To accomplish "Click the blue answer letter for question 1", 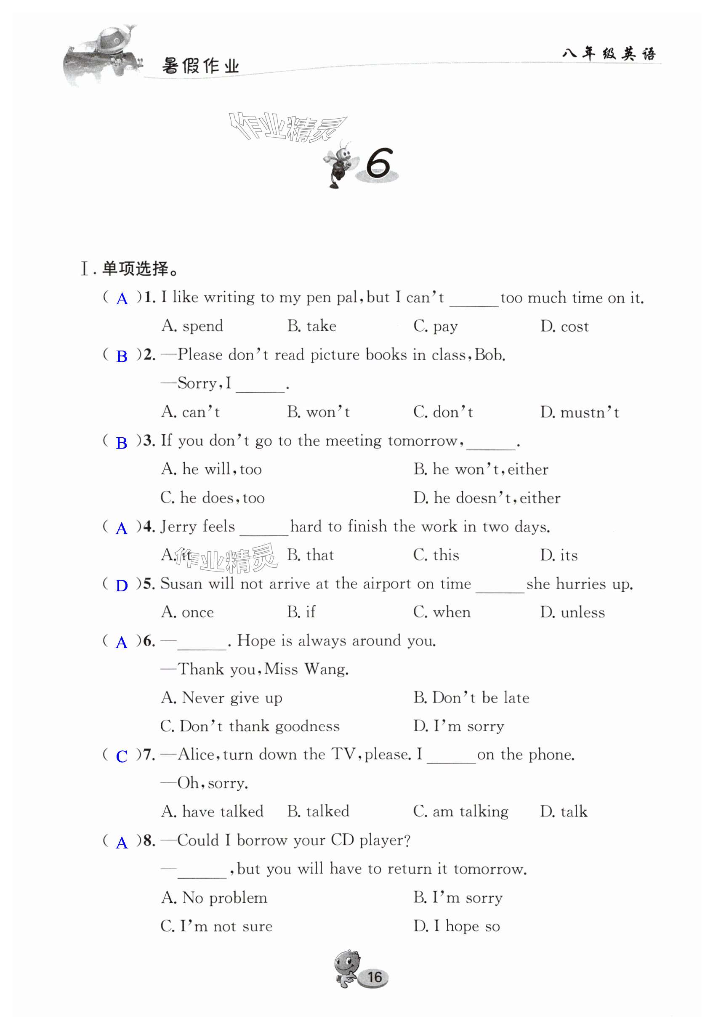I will point(122,299).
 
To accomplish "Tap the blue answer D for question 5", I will point(122,585).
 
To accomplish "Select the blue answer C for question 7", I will point(122,756).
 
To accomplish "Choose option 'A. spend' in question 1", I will point(192,326).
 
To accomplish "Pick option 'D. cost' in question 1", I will point(564,327).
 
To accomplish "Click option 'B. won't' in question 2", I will point(318,412).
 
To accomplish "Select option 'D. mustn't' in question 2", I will point(580,412).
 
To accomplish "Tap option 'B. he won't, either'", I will point(481,469).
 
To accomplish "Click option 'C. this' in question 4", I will point(436,555).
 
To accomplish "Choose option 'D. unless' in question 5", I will point(572,612).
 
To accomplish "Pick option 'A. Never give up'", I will point(221,698).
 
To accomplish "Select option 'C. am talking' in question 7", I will point(460,811).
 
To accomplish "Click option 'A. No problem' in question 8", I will point(214,897).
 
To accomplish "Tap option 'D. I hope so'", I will point(457,926).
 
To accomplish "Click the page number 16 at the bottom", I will point(374,977).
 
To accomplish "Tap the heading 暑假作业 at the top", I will point(201,66).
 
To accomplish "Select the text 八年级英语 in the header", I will point(609,53).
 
